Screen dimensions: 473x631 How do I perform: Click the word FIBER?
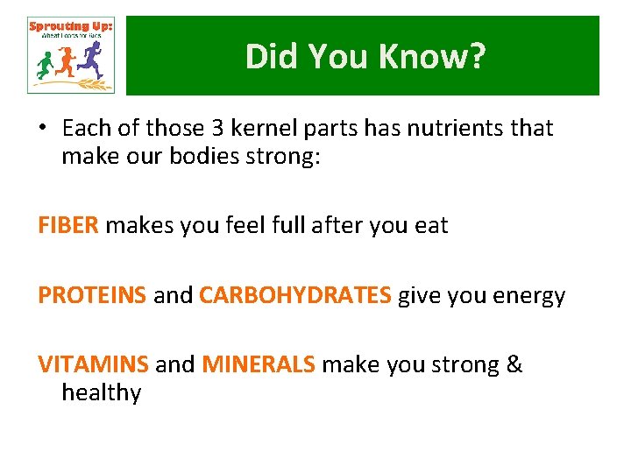point(68,226)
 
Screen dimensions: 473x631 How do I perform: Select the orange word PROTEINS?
point(92,296)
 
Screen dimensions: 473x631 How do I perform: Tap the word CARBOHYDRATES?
point(295,296)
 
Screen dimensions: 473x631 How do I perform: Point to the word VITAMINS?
point(93,364)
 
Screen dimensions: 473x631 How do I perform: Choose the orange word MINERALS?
point(259,364)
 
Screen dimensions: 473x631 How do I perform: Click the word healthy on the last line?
point(101,393)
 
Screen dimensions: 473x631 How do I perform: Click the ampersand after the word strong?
point(514,364)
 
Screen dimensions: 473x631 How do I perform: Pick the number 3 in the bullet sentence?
point(217,129)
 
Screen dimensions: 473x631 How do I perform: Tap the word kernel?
point(264,129)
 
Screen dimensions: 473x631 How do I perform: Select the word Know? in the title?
point(432,57)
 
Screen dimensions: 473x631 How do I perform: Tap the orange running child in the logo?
point(67,61)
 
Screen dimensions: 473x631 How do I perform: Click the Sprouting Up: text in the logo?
point(70,26)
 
